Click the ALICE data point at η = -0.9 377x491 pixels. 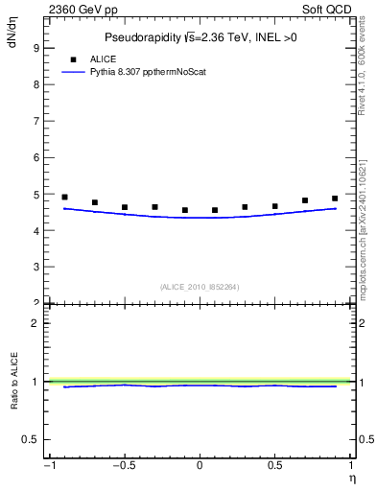64,198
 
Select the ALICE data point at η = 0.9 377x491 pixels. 335,199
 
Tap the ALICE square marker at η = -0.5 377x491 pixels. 125,207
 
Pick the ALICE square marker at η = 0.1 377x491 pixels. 215,210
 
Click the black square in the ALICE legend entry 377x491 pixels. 71,58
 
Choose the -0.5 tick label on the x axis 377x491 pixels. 124,467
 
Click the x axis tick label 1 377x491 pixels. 349,467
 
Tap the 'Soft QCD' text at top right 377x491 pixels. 330,9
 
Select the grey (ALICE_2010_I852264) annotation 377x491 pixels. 200,287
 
